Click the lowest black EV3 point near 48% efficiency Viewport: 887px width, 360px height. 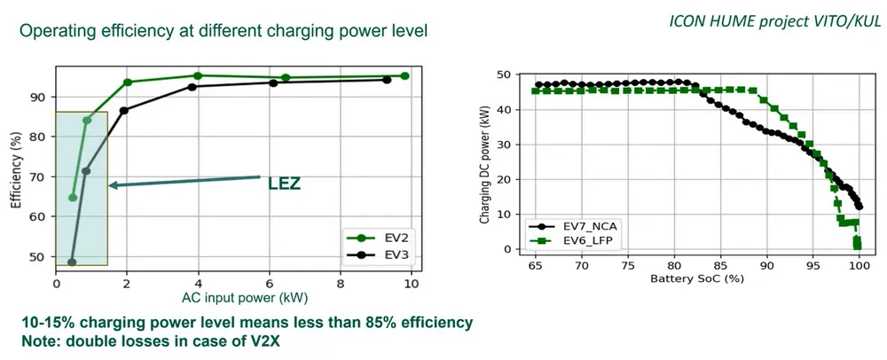pyautogui.click(x=72, y=262)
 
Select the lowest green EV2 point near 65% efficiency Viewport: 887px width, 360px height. pyautogui.click(x=73, y=197)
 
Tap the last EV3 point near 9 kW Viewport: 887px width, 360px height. pyautogui.click(x=387, y=80)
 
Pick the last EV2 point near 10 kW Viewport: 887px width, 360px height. pyautogui.click(x=404, y=76)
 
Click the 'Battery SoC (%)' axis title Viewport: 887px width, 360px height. pyautogui.click(x=697, y=281)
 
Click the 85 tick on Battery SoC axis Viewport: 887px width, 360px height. pyautogui.click(x=720, y=266)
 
